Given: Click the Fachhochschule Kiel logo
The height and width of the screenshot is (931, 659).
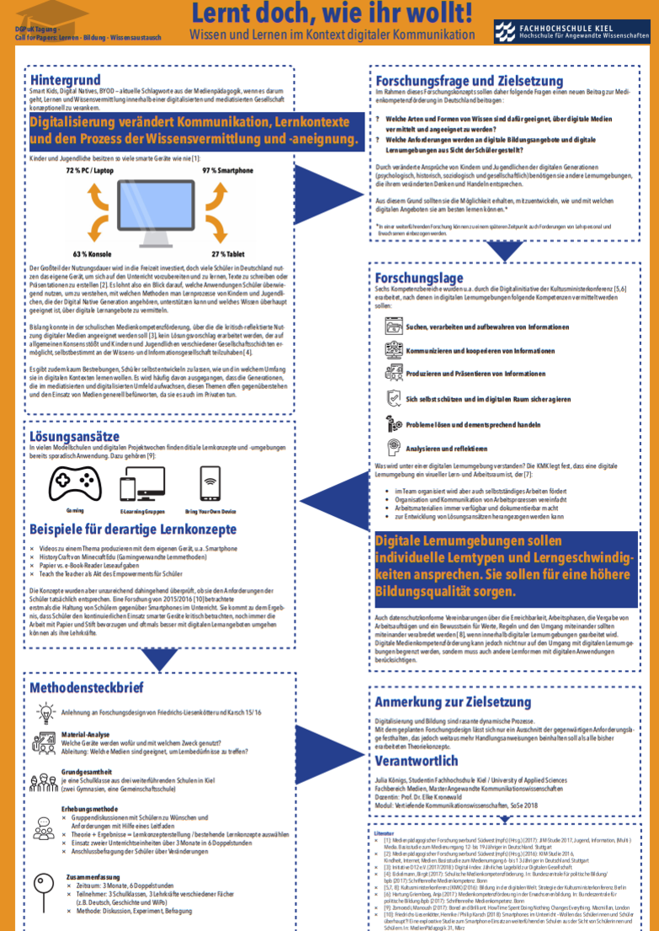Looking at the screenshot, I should pyautogui.click(x=571, y=32).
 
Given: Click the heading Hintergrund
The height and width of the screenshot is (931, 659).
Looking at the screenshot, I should pyautogui.click(x=65, y=80).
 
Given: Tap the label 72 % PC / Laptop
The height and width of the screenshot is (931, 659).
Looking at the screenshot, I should pyautogui.click(x=90, y=171).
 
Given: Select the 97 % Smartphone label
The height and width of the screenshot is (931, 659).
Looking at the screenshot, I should pyautogui.click(x=227, y=171).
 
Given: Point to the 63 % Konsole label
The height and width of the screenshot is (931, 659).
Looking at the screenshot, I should pyautogui.click(x=93, y=253).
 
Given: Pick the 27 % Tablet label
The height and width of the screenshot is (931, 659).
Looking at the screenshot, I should pyautogui.click(x=229, y=253).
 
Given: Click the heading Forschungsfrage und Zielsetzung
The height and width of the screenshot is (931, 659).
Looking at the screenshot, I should pyautogui.click(x=456, y=82).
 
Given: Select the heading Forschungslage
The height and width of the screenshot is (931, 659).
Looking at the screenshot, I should pyautogui.click(x=418, y=278).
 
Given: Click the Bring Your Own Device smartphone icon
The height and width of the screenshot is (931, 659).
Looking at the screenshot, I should pyautogui.click(x=210, y=484).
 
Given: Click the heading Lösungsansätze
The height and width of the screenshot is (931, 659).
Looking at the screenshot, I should pyautogui.click(x=75, y=437).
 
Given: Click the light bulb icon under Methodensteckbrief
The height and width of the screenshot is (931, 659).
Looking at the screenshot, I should pyautogui.click(x=45, y=714).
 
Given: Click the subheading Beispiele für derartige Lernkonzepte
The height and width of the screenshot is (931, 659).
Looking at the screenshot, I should pyautogui.click(x=133, y=529).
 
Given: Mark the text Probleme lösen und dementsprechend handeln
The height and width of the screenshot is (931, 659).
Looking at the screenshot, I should pyautogui.click(x=472, y=424).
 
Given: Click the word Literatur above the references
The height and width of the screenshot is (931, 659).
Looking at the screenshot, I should pyautogui.click(x=384, y=833).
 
